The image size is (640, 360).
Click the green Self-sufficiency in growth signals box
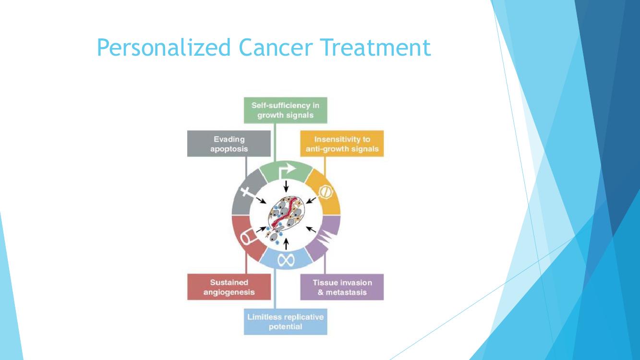point(285,110)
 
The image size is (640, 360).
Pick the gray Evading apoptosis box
point(229,144)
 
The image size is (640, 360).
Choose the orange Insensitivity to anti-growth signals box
point(342,144)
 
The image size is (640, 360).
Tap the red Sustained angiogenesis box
point(229,287)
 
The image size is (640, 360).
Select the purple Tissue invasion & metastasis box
point(342,287)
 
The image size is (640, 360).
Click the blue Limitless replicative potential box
point(285,322)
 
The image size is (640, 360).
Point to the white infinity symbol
point(286,260)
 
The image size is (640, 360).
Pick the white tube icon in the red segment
point(248,237)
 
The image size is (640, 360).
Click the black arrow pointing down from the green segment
point(286,187)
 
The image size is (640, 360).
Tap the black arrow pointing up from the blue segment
point(286,244)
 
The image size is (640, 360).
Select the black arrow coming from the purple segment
point(311,229)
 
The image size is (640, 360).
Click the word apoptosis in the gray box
point(229,149)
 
